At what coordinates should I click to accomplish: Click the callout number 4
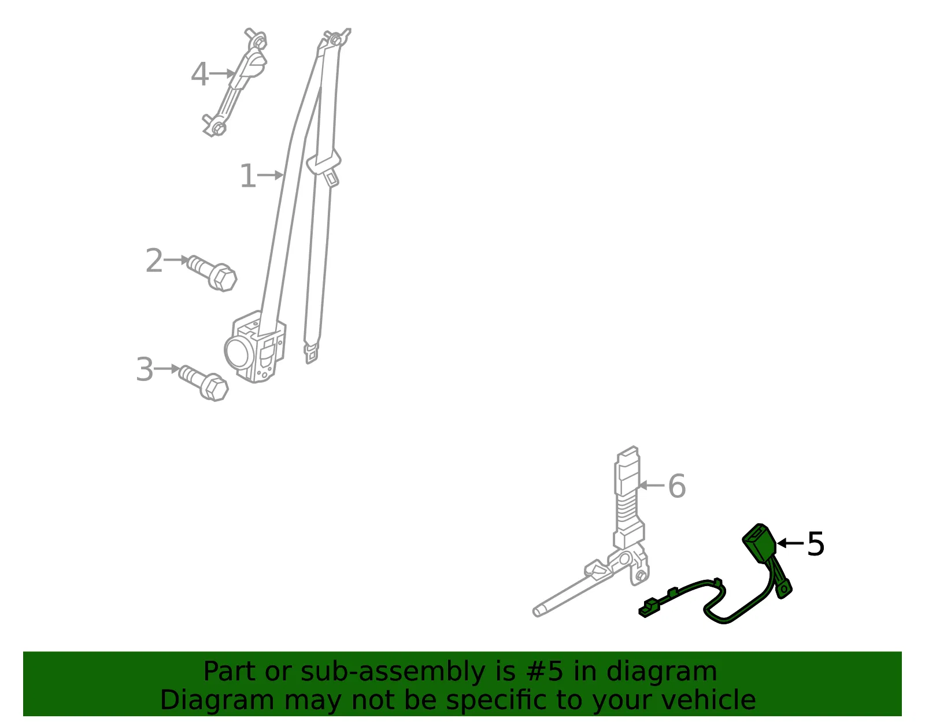pyautogui.click(x=199, y=74)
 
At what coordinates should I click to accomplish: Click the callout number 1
pyautogui.click(x=248, y=175)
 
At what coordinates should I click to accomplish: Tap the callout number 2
pyautogui.click(x=154, y=260)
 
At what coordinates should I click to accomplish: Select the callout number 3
pyautogui.click(x=145, y=369)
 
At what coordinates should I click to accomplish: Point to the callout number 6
pyautogui.click(x=677, y=486)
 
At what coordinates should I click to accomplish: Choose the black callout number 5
pyautogui.click(x=816, y=544)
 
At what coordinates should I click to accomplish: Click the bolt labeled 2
pyautogui.click(x=212, y=273)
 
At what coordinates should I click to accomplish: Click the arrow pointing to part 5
pyautogui.click(x=790, y=543)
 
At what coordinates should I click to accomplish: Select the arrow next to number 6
pyautogui.click(x=652, y=485)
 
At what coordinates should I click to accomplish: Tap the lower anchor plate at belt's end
pyautogui.click(x=312, y=352)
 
